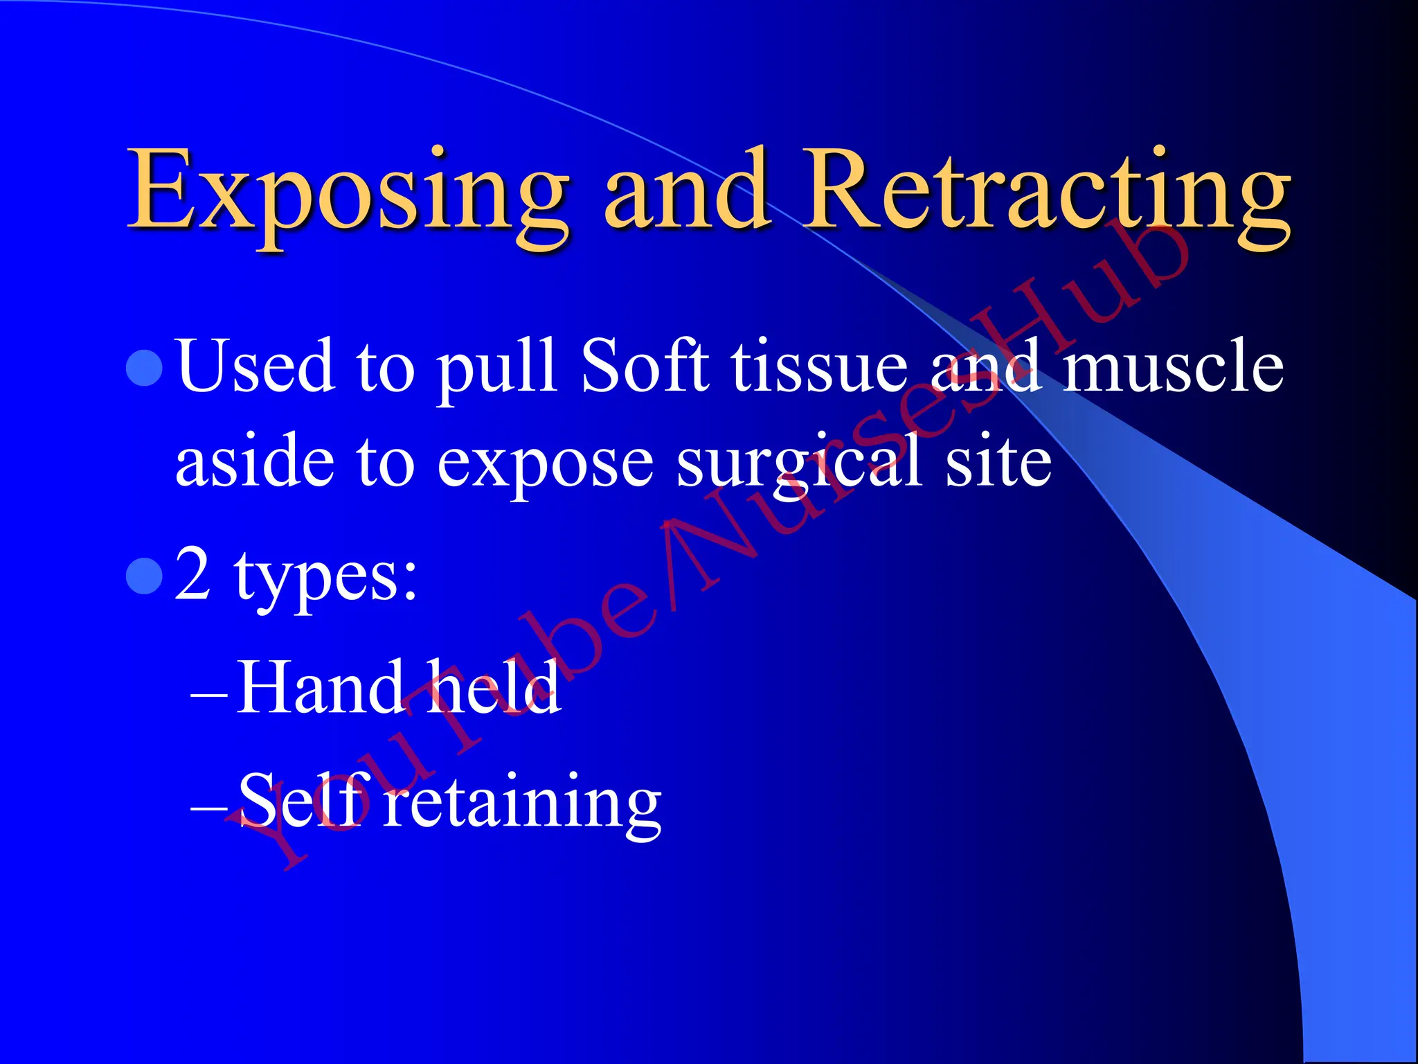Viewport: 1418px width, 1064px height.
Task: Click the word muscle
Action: tap(1173, 367)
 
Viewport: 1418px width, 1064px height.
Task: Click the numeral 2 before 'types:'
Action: tap(192, 574)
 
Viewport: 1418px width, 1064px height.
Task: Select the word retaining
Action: tap(522, 804)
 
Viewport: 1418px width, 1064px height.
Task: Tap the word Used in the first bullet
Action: tap(255, 367)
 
